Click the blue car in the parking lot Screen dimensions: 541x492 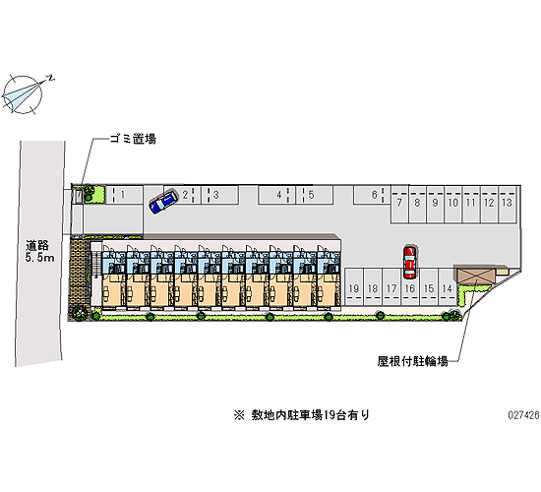[163, 202]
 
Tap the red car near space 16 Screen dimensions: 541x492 [409, 262]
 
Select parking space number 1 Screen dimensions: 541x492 [124, 195]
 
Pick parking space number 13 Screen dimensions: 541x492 [507, 204]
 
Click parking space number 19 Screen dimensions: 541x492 [354, 287]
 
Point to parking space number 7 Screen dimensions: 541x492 [399, 204]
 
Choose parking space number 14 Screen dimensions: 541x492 [448, 287]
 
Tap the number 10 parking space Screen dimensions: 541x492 [453, 204]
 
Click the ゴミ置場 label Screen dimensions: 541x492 [133, 139]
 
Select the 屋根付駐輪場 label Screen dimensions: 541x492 [413, 361]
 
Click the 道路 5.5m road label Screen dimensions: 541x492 [39, 251]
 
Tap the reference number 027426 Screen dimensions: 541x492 [523, 415]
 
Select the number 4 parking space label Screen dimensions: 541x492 [278, 195]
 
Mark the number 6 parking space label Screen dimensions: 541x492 [375, 195]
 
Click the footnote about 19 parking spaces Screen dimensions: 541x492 [302, 414]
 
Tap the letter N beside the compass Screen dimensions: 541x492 [51, 78]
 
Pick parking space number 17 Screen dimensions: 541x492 [391, 287]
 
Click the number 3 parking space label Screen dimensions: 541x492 [216, 195]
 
